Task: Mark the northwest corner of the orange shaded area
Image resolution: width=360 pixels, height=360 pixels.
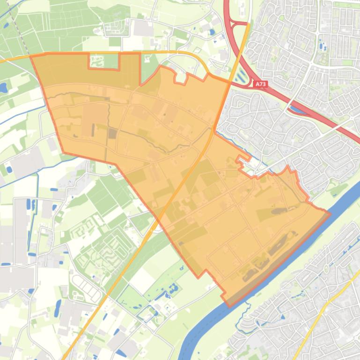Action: (x=31, y=57)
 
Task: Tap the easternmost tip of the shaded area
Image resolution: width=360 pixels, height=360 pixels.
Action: (x=330, y=214)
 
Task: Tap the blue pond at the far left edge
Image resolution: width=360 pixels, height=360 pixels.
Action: (x=3, y=87)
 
